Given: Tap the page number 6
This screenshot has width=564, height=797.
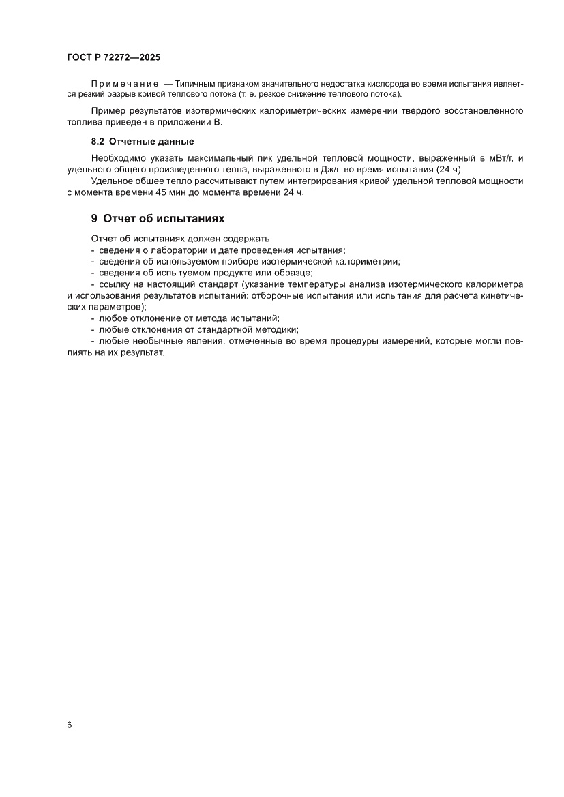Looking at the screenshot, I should (70, 725).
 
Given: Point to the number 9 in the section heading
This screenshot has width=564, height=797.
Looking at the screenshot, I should (94, 219).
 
